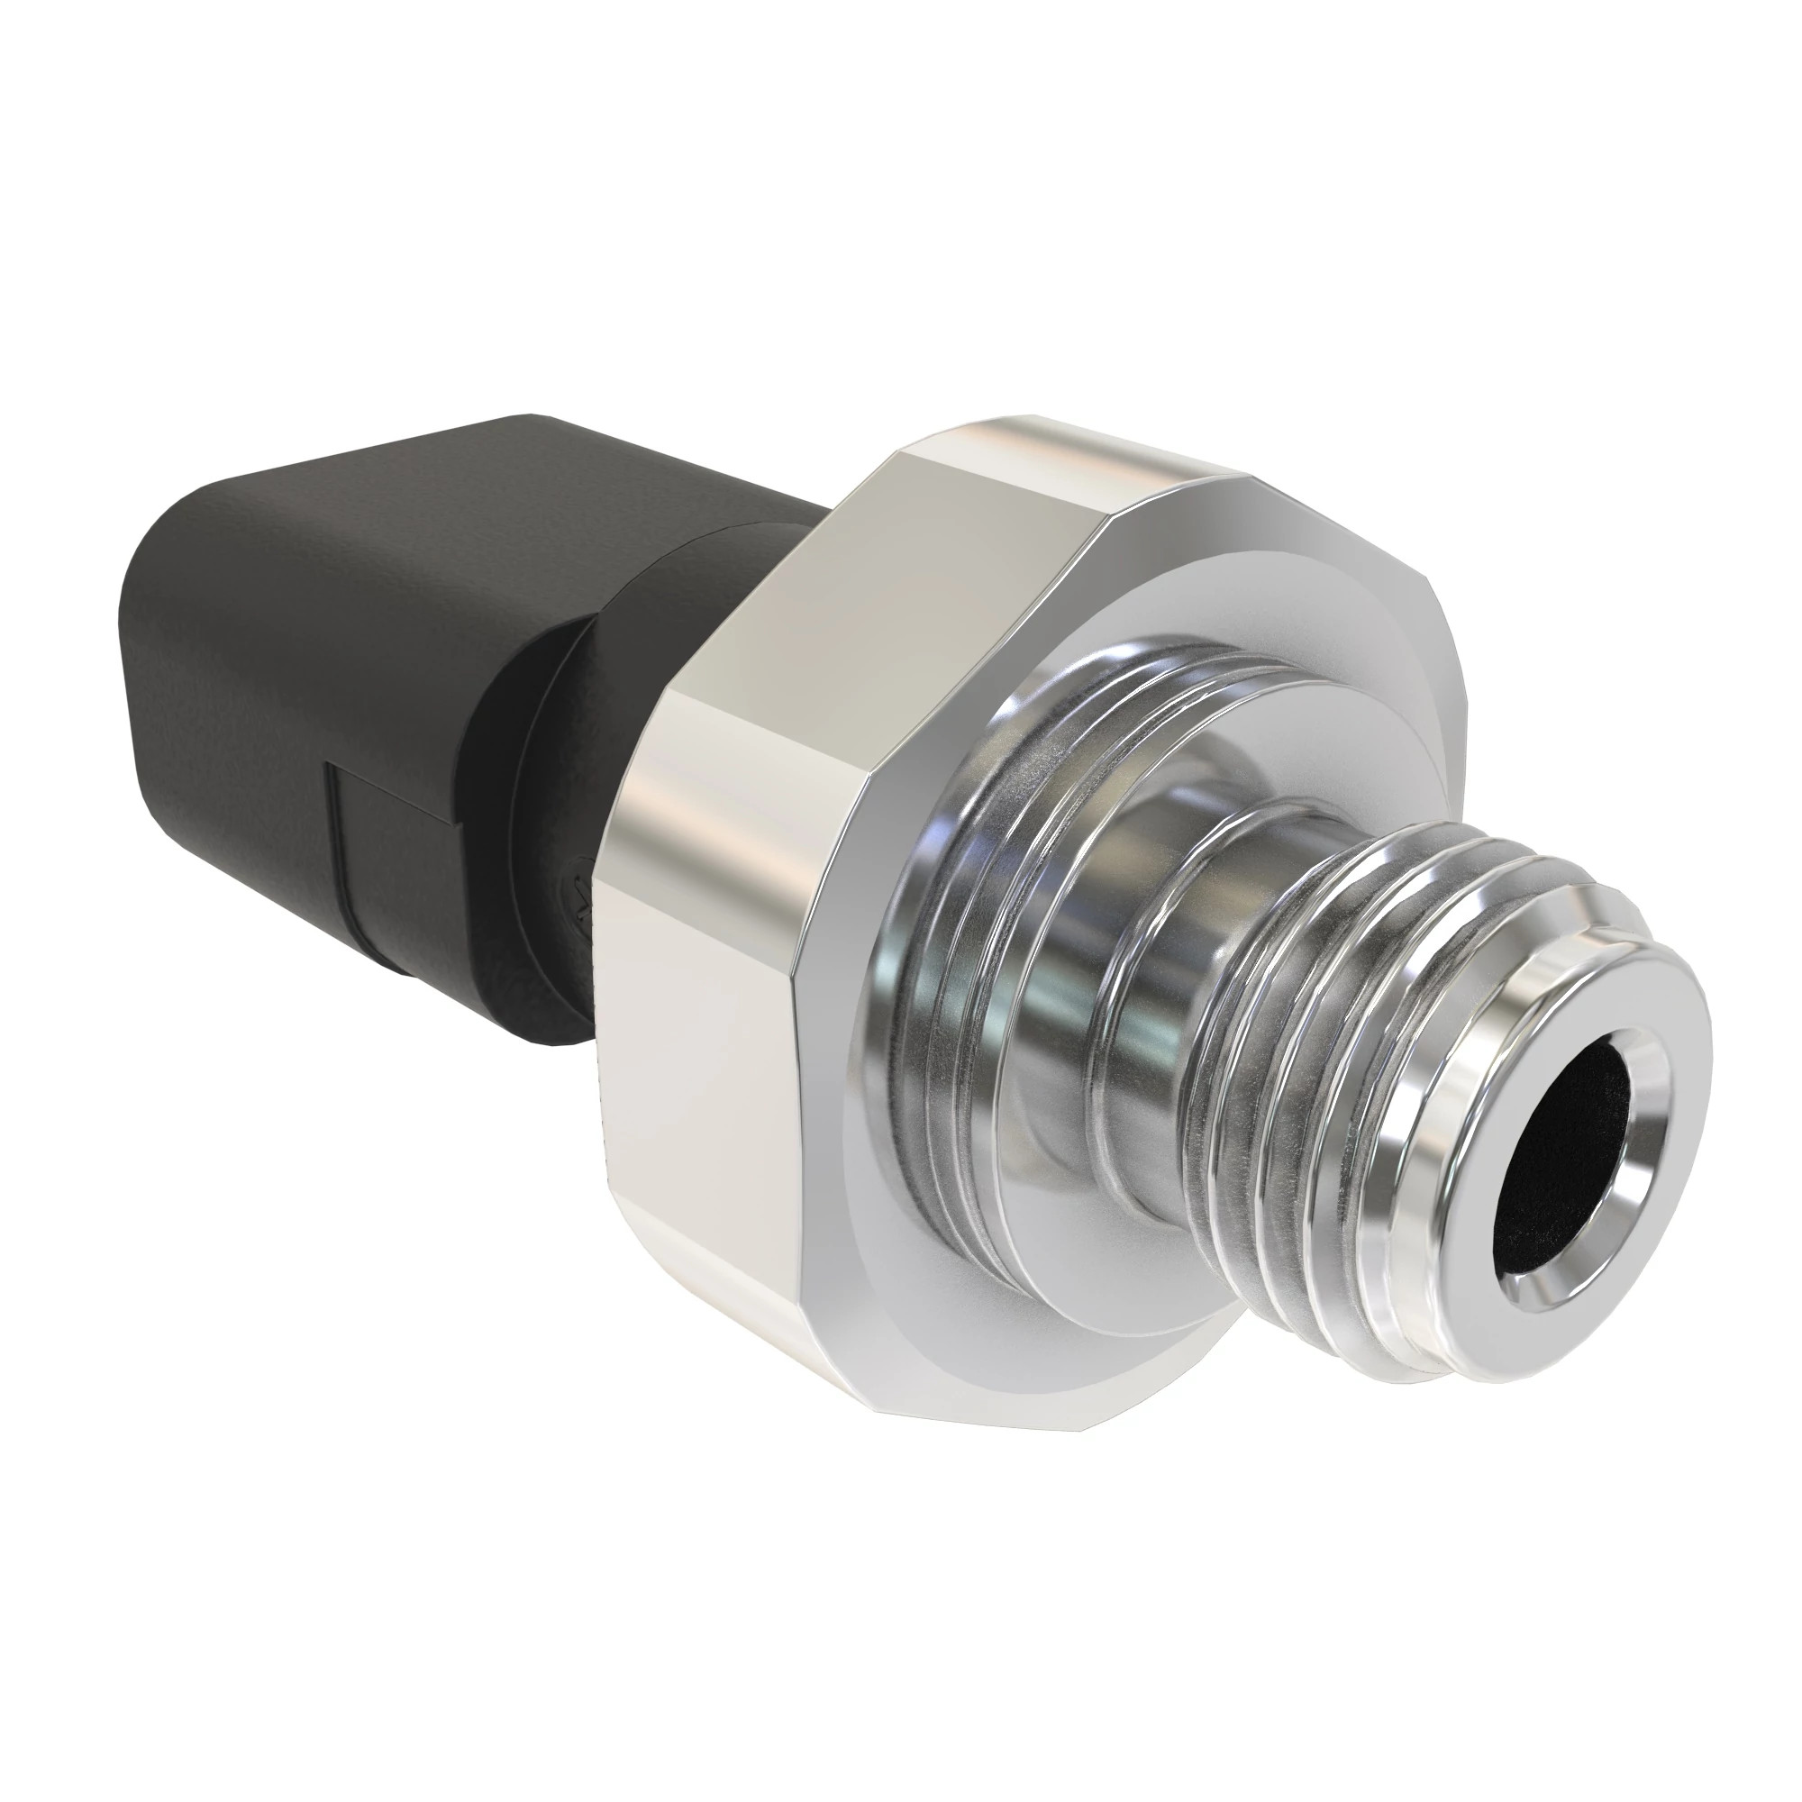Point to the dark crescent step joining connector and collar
pyautogui.click(x=504, y=793)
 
